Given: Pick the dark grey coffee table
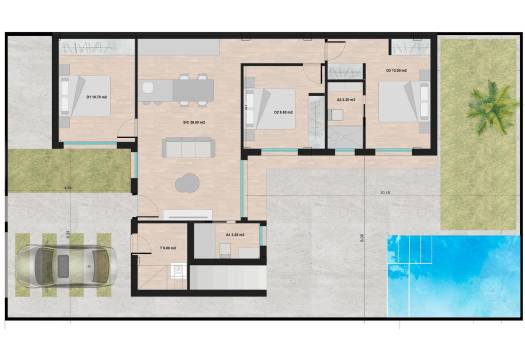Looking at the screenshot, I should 187,182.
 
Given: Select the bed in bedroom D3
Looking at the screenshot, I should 399,100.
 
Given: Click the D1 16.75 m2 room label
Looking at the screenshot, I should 97,97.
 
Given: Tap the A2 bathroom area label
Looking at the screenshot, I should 346,100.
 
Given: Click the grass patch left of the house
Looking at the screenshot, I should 68,170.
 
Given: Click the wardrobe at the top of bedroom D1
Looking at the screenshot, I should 95,47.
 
